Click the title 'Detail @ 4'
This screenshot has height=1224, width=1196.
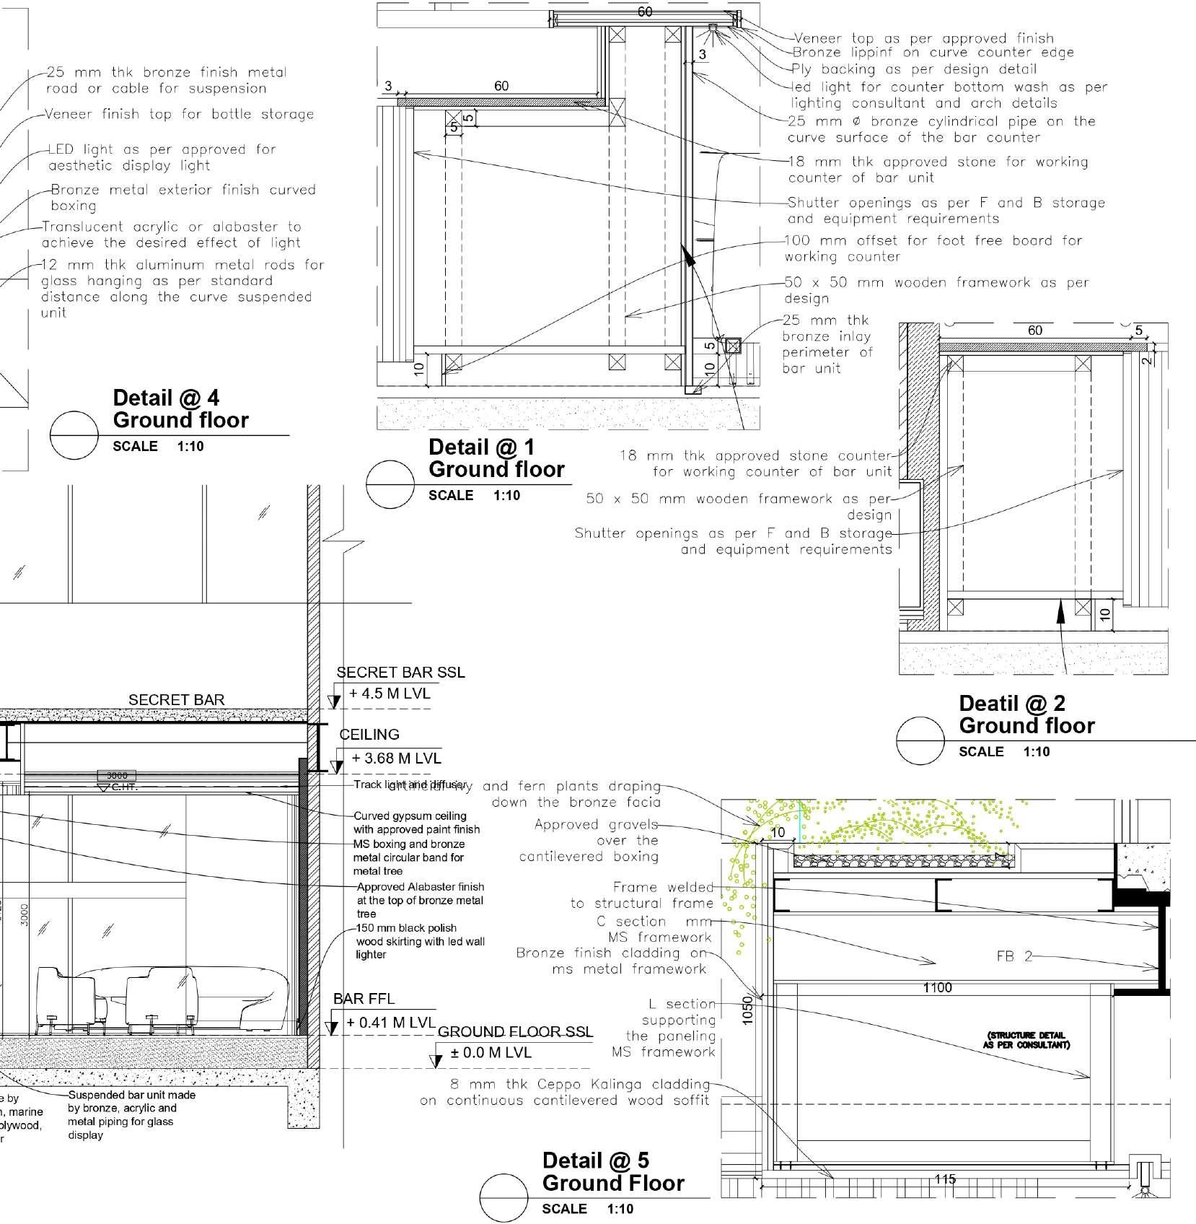(x=166, y=398)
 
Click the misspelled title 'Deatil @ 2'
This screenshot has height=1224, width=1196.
(x=1011, y=703)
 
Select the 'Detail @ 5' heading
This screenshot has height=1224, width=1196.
(x=595, y=1180)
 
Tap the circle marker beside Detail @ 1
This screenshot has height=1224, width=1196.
(x=390, y=484)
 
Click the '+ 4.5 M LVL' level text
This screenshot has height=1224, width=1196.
(x=390, y=694)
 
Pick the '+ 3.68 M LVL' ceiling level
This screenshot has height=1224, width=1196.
(x=396, y=759)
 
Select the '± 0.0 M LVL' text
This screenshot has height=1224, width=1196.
(x=491, y=1053)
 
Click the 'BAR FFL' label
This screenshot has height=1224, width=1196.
(x=364, y=999)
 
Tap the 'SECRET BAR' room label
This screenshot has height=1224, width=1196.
(x=176, y=700)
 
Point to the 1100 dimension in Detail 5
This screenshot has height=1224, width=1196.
(x=937, y=987)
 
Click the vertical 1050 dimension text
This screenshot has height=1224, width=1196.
(x=748, y=1009)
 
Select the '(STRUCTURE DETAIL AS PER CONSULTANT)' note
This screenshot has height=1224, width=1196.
(x=1026, y=1040)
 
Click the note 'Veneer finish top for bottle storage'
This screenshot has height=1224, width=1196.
(x=179, y=114)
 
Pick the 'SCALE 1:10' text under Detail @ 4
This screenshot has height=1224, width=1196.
(x=158, y=447)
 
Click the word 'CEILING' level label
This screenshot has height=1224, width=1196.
(x=369, y=735)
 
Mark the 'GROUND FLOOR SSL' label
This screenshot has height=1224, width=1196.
(x=515, y=1031)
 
